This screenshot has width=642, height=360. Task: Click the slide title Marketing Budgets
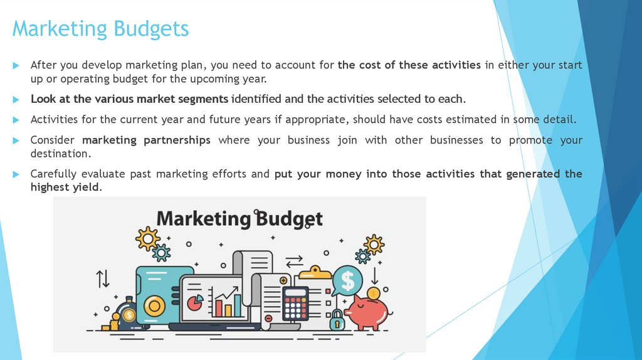pyautogui.click(x=100, y=29)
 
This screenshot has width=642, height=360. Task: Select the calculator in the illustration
pyautogui.click(x=295, y=304)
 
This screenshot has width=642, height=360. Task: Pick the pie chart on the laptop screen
pyautogui.click(x=195, y=303)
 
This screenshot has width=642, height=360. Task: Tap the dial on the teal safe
pyautogui.click(x=154, y=306)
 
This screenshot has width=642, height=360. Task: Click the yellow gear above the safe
pyautogui.click(x=148, y=238)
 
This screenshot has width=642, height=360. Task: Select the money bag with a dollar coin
pyautogui.click(x=129, y=313)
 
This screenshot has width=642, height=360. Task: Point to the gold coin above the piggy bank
pyautogui.click(x=374, y=293)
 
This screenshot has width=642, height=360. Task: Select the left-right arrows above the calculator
pyautogui.click(x=293, y=260)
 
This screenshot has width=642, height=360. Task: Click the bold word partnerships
pyautogui.click(x=177, y=140)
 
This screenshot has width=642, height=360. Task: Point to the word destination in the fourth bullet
pyautogui.click(x=57, y=153)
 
